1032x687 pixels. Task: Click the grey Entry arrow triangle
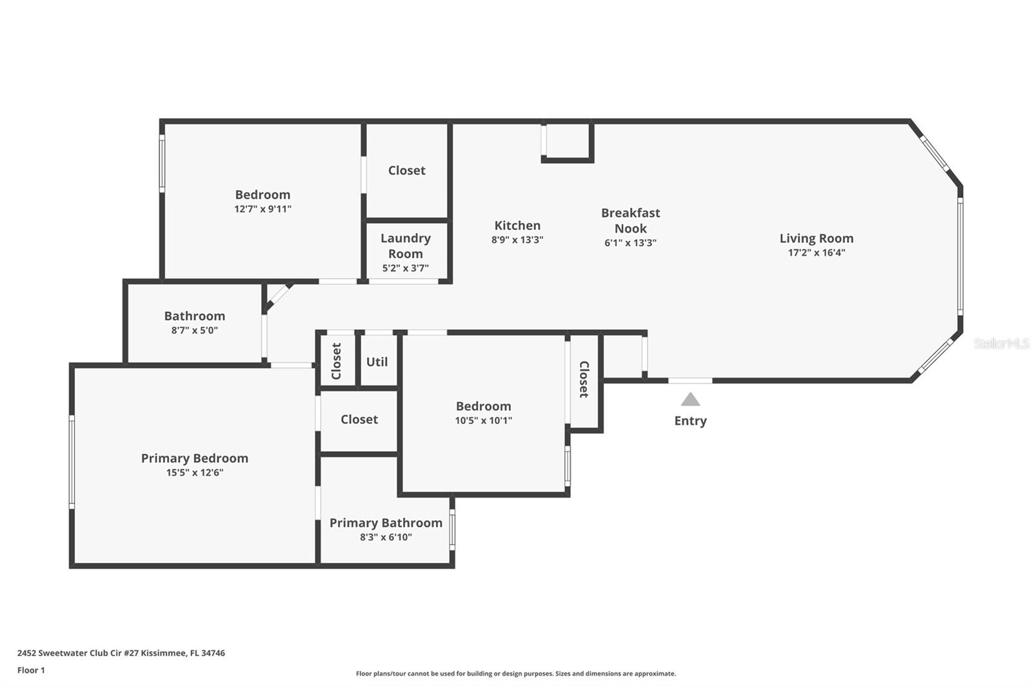click(x=690, y=400)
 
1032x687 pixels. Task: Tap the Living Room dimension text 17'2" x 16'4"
click(x=816, y=253)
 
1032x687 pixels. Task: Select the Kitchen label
click(x=517, y=226)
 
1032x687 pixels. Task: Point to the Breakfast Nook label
click(x=630, y=220)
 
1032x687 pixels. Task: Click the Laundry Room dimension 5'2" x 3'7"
click(x=405, y=268)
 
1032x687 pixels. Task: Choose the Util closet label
click(x=377, y=362)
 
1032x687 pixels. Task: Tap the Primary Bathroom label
click(x=386, y=523)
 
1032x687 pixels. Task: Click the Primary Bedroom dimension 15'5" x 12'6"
click(x=194, y=472)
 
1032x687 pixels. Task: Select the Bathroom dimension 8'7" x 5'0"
click(x=194, y=330)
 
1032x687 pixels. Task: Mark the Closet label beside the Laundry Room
click(x=406, y=170)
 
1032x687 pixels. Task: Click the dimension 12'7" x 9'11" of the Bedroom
click(x=263, y=209)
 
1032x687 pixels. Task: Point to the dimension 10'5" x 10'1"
click(x=483, y=420)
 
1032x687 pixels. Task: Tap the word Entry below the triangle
click(x=690, y=421)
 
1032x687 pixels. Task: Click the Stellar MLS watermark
click(x=1001, y=343)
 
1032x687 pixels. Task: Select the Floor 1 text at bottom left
click(x=31, y=670)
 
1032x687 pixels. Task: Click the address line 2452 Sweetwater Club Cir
click(x=121, y=653)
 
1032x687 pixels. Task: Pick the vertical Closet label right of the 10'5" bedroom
click(x=584, y=379)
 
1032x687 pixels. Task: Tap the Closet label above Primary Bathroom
click(x=359, y=420)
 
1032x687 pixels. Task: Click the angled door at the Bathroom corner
click(x=278, y=296)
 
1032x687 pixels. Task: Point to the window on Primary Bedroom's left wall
click(x=72, y=461)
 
